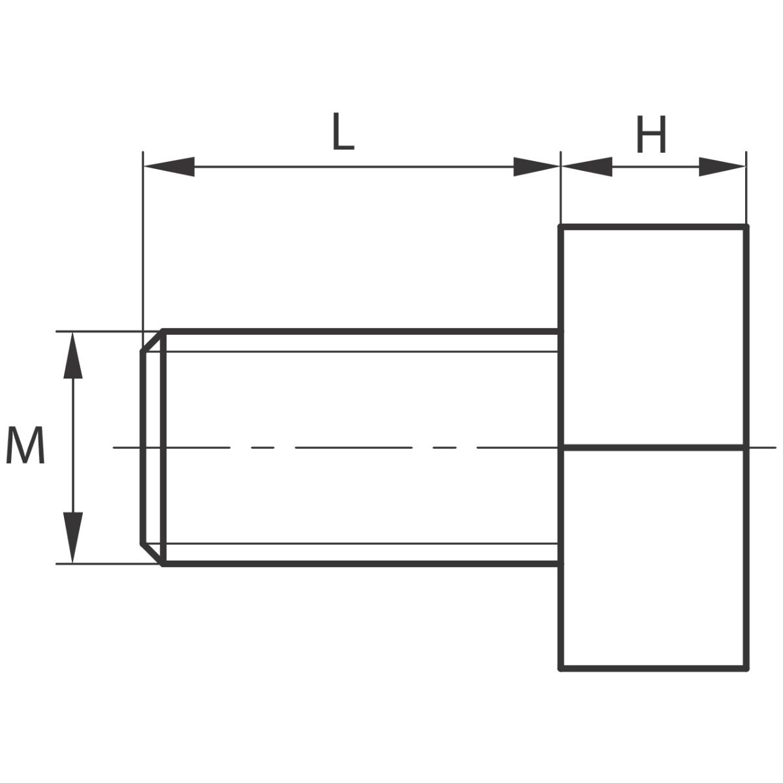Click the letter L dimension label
[343, 131]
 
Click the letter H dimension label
[651, 134]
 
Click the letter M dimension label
[25, 445]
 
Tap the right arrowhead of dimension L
[536, 166]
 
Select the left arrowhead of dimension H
[587, 166]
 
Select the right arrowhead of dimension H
[722, 166]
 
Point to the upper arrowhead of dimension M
[73, 356]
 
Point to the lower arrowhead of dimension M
[73, 538]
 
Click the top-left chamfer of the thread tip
[152, 341]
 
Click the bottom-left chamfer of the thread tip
[152, 554]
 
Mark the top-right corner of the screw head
[746, 226]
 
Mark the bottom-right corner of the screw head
[746, 669]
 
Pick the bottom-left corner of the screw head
[560, 669]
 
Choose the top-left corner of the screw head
[560, 226]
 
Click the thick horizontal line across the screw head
[653, 448]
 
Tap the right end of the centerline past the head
[776, 448]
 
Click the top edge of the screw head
[653, 226]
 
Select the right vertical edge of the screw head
[746, 448]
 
